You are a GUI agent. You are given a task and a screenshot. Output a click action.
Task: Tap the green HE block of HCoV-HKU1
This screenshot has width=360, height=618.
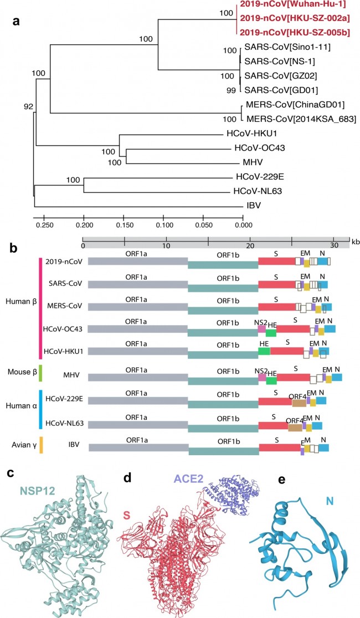pyautogui.click(x=264, y=351)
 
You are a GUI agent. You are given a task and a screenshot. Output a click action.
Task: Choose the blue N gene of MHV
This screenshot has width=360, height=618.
pyautogui.click(x=337, y=377)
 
